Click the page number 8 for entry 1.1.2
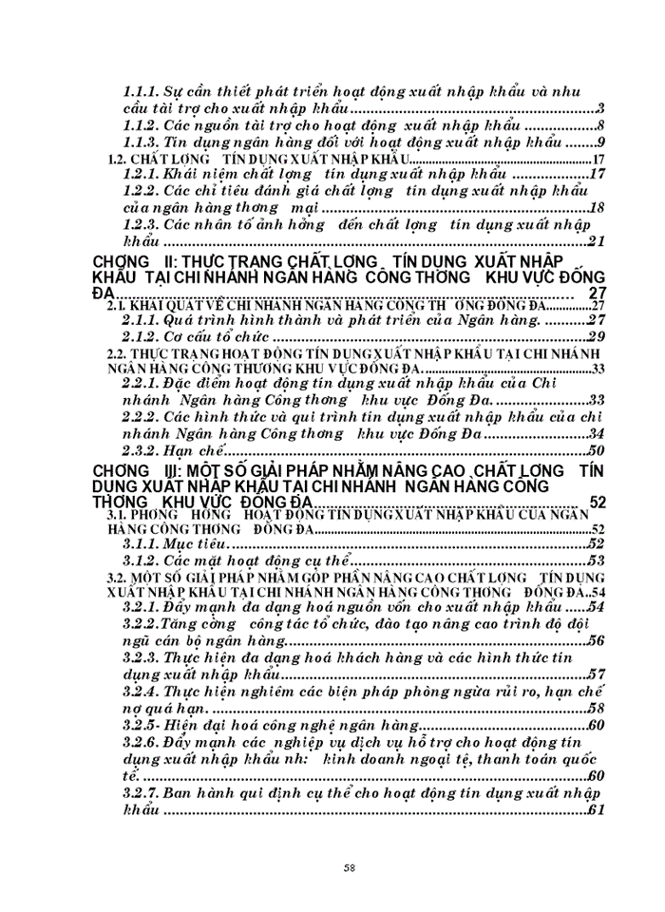pyautogui.click(x=600, y=126)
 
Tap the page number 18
pyautogui.click(x=598, y=209)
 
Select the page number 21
pyautogui.click(x=597, y=242)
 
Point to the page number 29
pyautogui.click(x=597, y=336)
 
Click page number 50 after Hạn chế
pyautogui.click(x=597, y=451)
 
